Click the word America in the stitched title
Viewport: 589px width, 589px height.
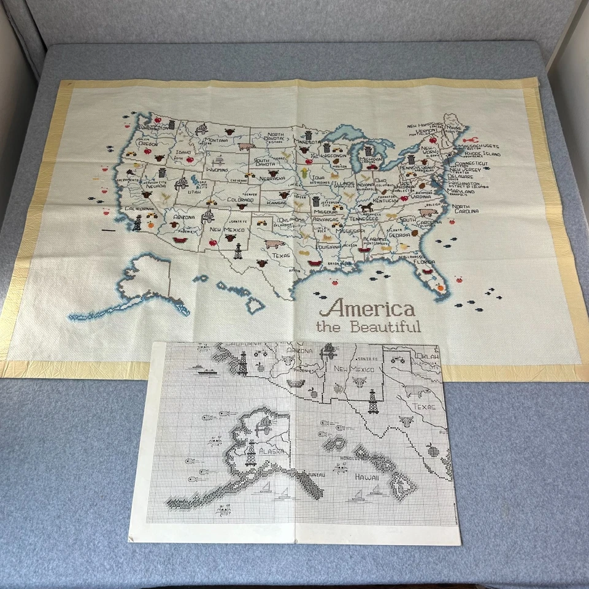(366, 308)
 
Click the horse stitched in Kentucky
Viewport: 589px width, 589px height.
(367, 208)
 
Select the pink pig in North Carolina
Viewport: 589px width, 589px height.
(426, 213)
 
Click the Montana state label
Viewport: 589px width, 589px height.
(216, 140)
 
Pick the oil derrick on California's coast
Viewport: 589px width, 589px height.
(137, 222)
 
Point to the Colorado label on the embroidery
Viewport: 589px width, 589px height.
(241, 200)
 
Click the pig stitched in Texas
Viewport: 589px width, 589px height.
(272, 244)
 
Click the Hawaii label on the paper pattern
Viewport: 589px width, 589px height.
(366, 477)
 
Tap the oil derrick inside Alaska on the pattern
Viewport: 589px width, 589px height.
(250, 453)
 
